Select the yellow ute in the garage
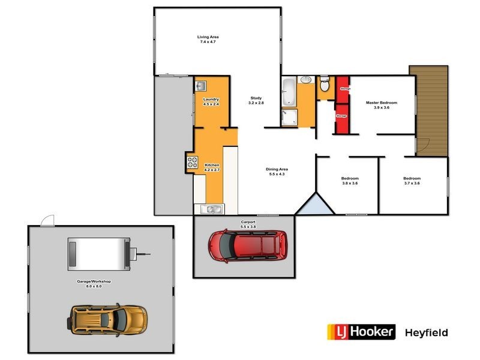[108, 319]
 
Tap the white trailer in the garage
[99, 251]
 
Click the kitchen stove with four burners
[193, 161]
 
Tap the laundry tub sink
[201, 86]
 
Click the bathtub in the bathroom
[289, 91]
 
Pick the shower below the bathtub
[289, 118]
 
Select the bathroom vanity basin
[306, 80]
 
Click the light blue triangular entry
[314, 206]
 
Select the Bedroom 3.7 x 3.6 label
[412, 181]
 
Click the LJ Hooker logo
[361, 332]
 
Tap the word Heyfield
[427, 332]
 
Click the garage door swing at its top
[47, 220]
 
